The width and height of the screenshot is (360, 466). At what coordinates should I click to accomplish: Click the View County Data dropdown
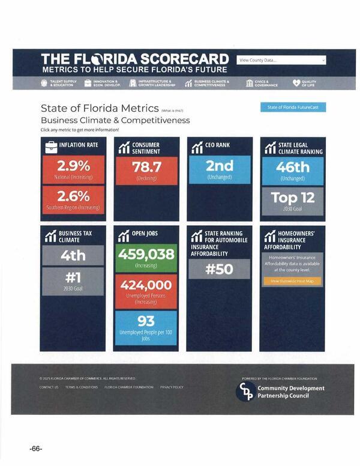coord(281,60)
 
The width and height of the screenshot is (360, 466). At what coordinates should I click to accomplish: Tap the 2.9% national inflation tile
coord(73,169)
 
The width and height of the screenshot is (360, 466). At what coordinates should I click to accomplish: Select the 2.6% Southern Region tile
coord(73,199)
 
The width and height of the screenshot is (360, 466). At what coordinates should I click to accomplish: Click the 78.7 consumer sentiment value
coord(146,170)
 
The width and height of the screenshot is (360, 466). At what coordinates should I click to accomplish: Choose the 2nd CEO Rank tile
coord(219,169)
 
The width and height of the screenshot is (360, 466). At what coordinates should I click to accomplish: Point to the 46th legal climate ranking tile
coord(293,170)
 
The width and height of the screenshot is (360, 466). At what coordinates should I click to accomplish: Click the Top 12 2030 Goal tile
coord(293,201)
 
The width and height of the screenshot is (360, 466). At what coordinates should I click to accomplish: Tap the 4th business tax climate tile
coord(73,255)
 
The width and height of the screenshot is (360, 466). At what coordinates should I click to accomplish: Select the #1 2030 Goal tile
coord(73,281)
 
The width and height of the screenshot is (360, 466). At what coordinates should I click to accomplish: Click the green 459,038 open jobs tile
coord(146,258)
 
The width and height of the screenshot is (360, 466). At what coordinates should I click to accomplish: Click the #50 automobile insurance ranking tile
coord(219,269)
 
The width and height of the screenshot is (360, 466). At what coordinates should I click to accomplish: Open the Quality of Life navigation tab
coord(304,83)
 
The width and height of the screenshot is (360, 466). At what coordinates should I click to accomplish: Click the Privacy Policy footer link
coord(172,387)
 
